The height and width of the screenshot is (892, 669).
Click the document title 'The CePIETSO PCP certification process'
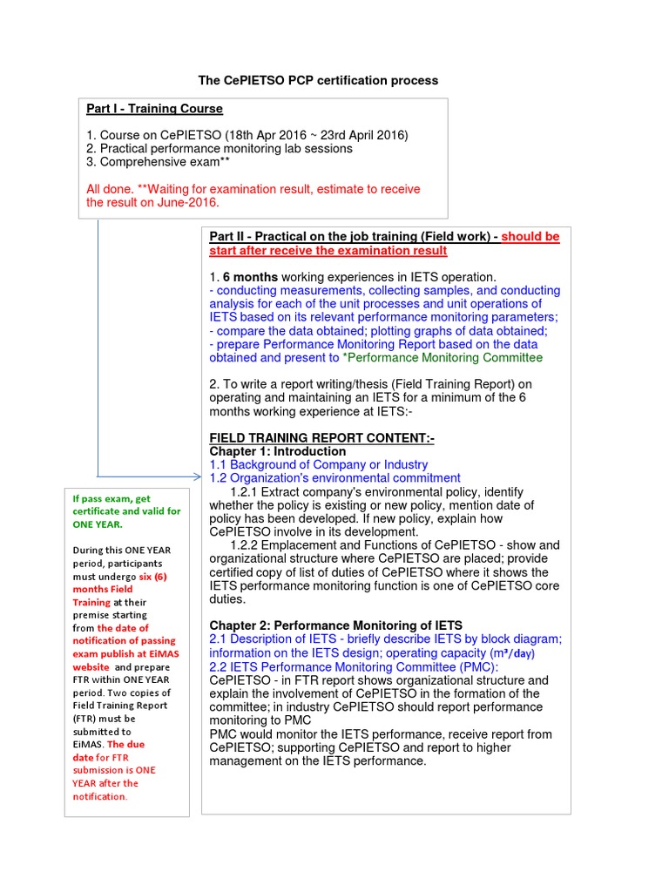(318, 80)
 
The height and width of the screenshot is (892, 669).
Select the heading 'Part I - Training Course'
(154, 109)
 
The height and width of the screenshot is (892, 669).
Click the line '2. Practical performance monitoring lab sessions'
(220, 149)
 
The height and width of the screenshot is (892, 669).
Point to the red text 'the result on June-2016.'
(152, 202)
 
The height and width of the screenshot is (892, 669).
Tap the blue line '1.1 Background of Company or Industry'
(319, 465)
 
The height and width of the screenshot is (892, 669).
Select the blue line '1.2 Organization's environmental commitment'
(334, 478)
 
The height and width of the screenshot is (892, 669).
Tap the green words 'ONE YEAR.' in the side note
(98, 524)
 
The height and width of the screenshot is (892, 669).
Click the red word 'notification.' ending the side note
(99, 796)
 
